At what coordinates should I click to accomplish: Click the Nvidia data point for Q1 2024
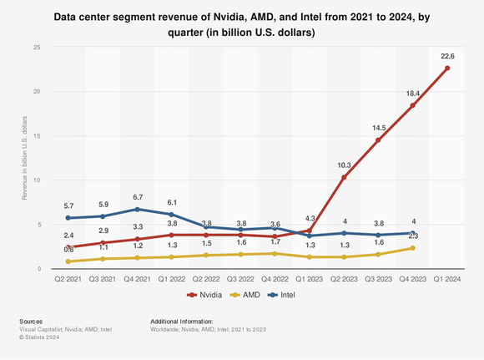(x=448, y=68)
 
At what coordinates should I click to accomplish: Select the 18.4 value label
(x=413, y=94)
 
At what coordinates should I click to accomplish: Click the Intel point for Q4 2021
(x=137, y=209)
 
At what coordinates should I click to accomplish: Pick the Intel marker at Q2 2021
(x=68, y=218)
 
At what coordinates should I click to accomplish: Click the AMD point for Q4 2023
(x=413, y=248)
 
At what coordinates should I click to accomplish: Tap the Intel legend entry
(x=286, y=295)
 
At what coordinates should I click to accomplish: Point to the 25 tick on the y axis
(x=37, y=47)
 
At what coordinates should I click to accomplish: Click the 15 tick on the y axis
(x=37, y=135)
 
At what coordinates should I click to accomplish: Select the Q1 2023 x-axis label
(x=309, y=279)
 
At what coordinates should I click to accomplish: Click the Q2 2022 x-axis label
(x=206, y=279)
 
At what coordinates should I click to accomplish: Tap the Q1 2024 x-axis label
(x=447, y=279)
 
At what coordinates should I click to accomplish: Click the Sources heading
(x=31, y=321)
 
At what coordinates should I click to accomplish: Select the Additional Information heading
(x=181, y=321)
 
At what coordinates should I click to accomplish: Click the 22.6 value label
(x=448, y=56)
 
